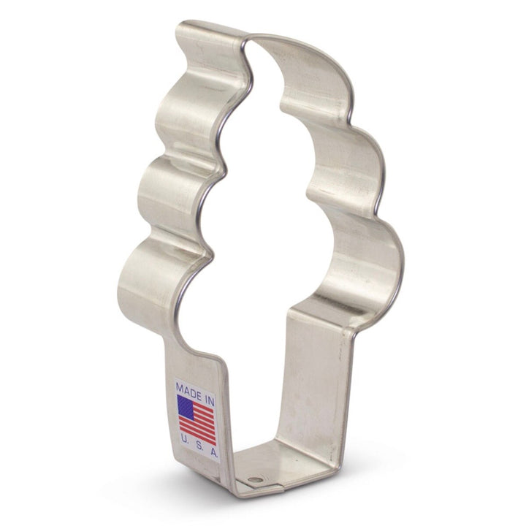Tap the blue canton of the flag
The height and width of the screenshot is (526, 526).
coord(186,408)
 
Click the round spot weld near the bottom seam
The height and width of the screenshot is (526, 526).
coord(256,479)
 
